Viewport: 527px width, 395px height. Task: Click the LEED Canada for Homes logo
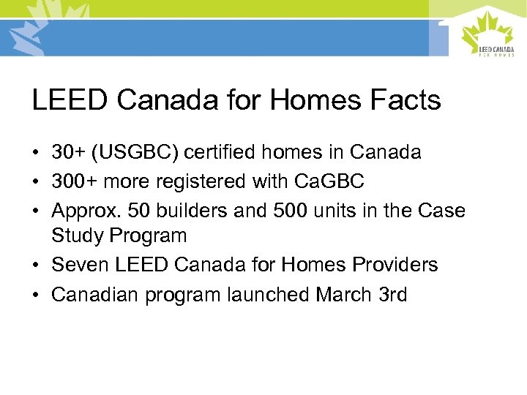tap(488, 34)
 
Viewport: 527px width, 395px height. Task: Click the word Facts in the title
tap(406, 100)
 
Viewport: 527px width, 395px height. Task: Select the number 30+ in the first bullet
tap(67, 152)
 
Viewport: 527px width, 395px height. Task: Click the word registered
tap(201, 181)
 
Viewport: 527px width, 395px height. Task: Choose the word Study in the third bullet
tap(77, 236)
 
